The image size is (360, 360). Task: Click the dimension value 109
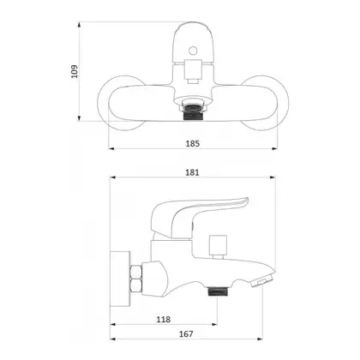pyautogui.click(x=74, y=71)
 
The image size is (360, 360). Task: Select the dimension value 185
pyautogui.click(x=193, y=143)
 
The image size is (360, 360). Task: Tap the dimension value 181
pyautogui.click(x=193, y=172)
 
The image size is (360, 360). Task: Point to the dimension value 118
pyautogui.click(x=164, y=319)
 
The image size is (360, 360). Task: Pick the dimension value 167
pyautogui.click(x=186, y=333)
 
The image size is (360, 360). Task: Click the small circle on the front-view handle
pyautogui.click(x=194, y=51)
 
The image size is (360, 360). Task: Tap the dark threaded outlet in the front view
pyautogui.click(x=193, y=112)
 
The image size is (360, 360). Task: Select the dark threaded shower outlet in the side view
pyautogui.click(x=216, y=291)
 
